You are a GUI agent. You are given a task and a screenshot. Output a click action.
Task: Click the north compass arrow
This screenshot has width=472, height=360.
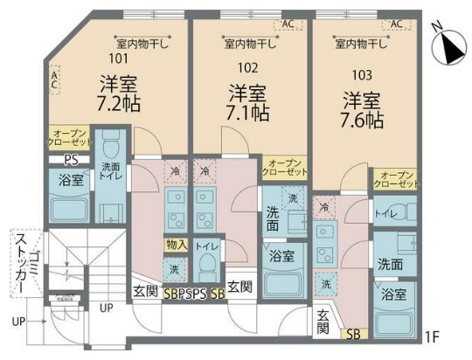pyautogui.click(x=451, y=46)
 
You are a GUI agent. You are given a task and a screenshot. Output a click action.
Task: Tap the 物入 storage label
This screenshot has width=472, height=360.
pyautogui.click(x=174, y=246)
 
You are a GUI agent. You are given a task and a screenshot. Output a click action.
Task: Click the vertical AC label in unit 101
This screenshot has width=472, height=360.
pyautogui.click(x=54, y=81)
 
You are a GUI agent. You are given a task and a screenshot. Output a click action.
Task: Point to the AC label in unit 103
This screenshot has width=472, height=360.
pyautogui.click(x=395, y=24)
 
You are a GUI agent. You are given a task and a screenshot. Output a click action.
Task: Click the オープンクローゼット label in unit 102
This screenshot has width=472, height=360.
pyautogui.click(x=285, y=168)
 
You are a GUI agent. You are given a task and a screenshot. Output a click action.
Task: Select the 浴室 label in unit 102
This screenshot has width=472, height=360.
pyautogui.click(x=281, y=256)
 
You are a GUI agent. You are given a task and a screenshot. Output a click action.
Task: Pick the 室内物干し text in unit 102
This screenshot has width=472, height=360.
pyautogui.click(x=250, y=42)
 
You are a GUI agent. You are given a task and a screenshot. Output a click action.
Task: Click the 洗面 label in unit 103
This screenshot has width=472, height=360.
pyautogui.click(x=391, y=263)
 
